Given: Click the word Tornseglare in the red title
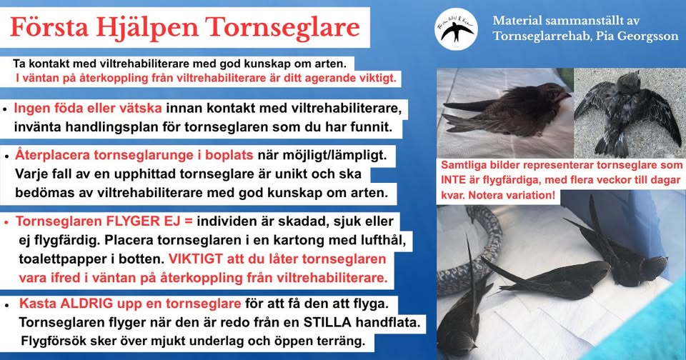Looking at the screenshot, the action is [283, 28].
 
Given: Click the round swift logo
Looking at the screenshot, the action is [457, 29].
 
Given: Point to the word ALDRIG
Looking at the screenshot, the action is [85, 304].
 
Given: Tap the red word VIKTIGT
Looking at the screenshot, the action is [196, 259].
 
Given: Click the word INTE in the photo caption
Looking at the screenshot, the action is [453, 180].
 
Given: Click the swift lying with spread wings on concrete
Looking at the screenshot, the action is [627, 110].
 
